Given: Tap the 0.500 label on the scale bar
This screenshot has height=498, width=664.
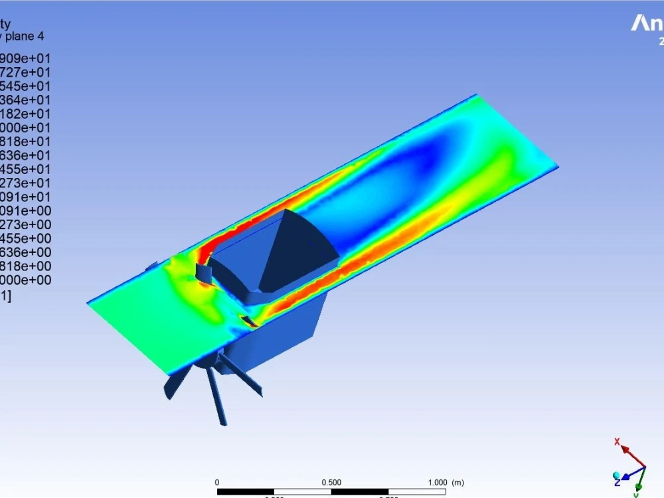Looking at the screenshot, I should click(x=331, y=482).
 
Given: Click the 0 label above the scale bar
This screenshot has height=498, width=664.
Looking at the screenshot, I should click(x=217, y=482).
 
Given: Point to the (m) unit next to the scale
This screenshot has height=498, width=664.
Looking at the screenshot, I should click(x=457, y=482).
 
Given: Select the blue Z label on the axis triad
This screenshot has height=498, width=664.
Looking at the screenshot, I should click(x=618, y=481).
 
